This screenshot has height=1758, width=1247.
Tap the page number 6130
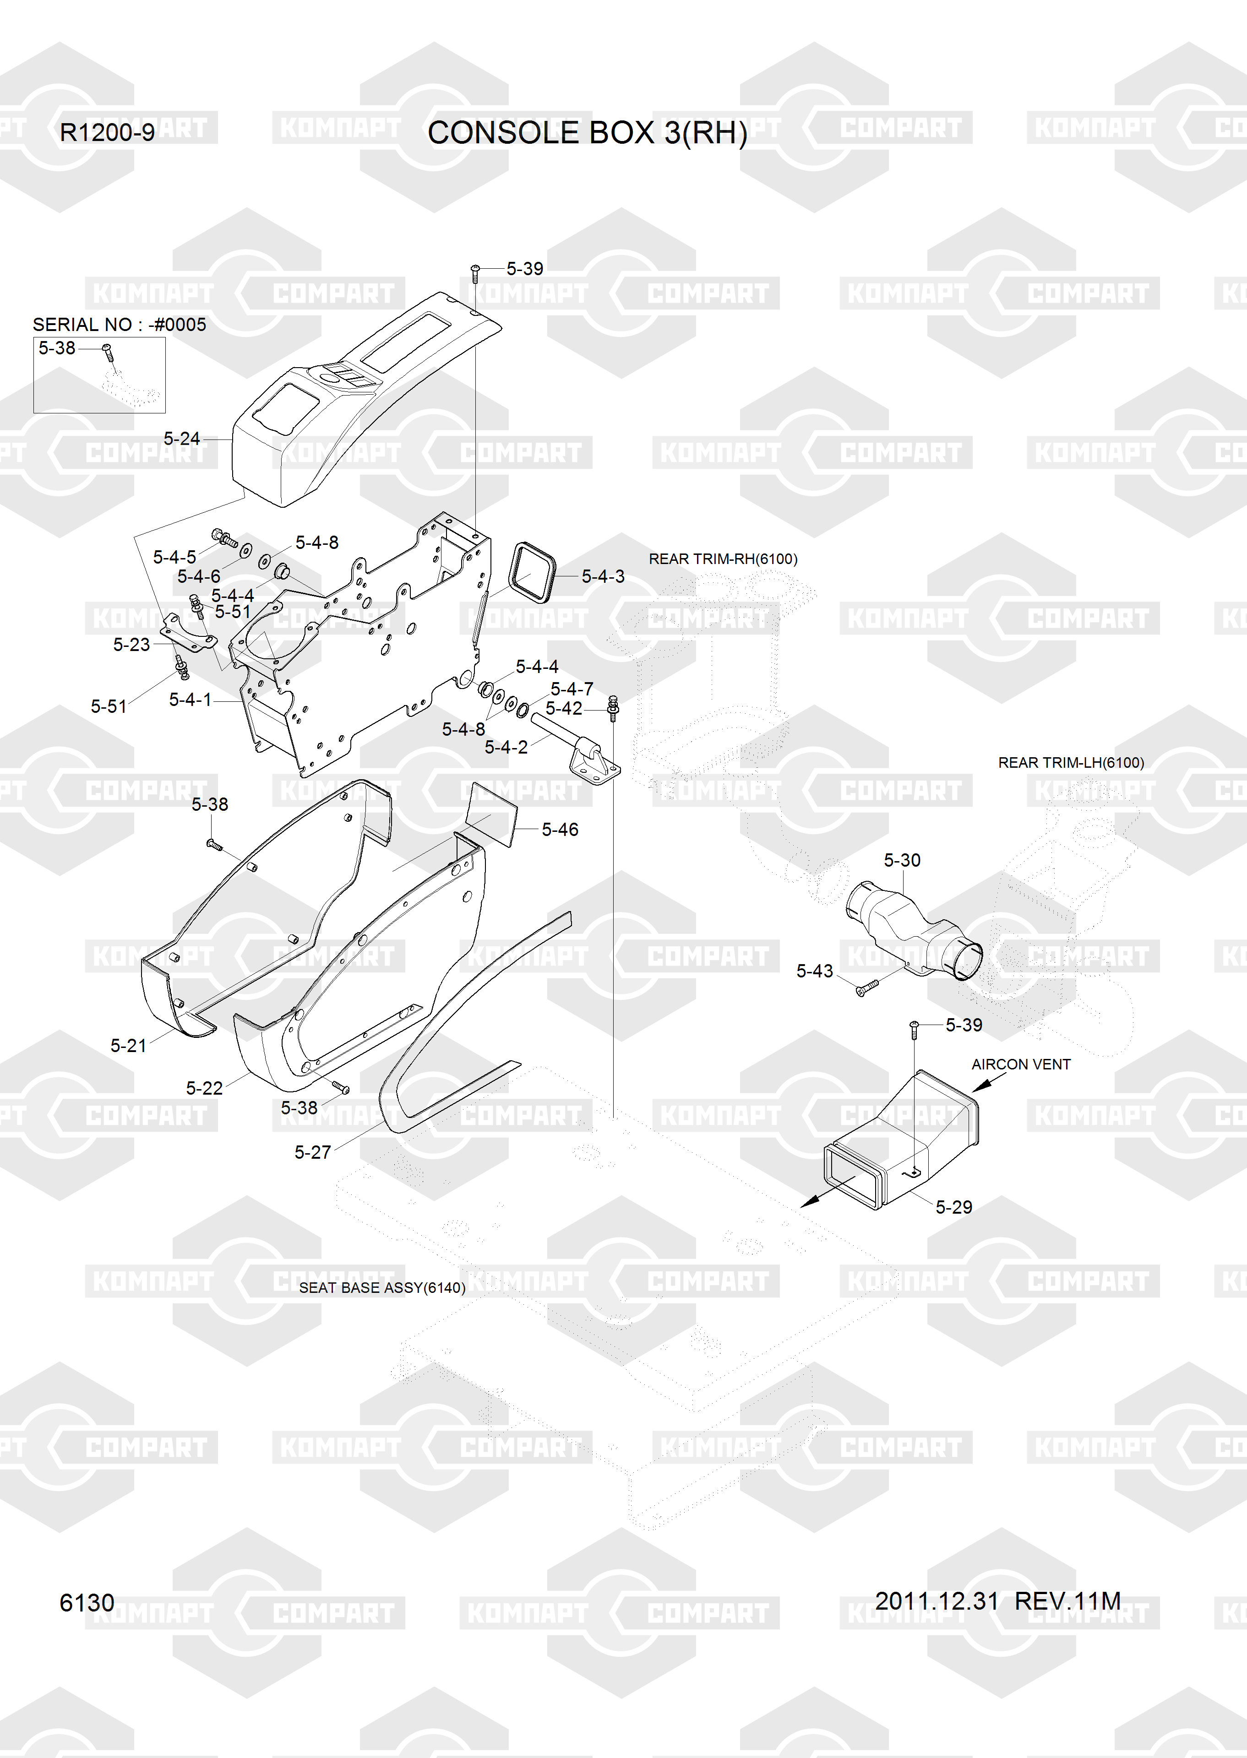pos(87,1602)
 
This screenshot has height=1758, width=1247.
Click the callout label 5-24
pos(181,438)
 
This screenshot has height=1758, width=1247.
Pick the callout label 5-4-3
pos(603,576)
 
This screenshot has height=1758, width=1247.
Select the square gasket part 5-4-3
pos(532,575)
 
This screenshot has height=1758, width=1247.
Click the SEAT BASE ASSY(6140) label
pos(381,1287)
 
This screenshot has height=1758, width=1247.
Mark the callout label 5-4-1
pos(190,700)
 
